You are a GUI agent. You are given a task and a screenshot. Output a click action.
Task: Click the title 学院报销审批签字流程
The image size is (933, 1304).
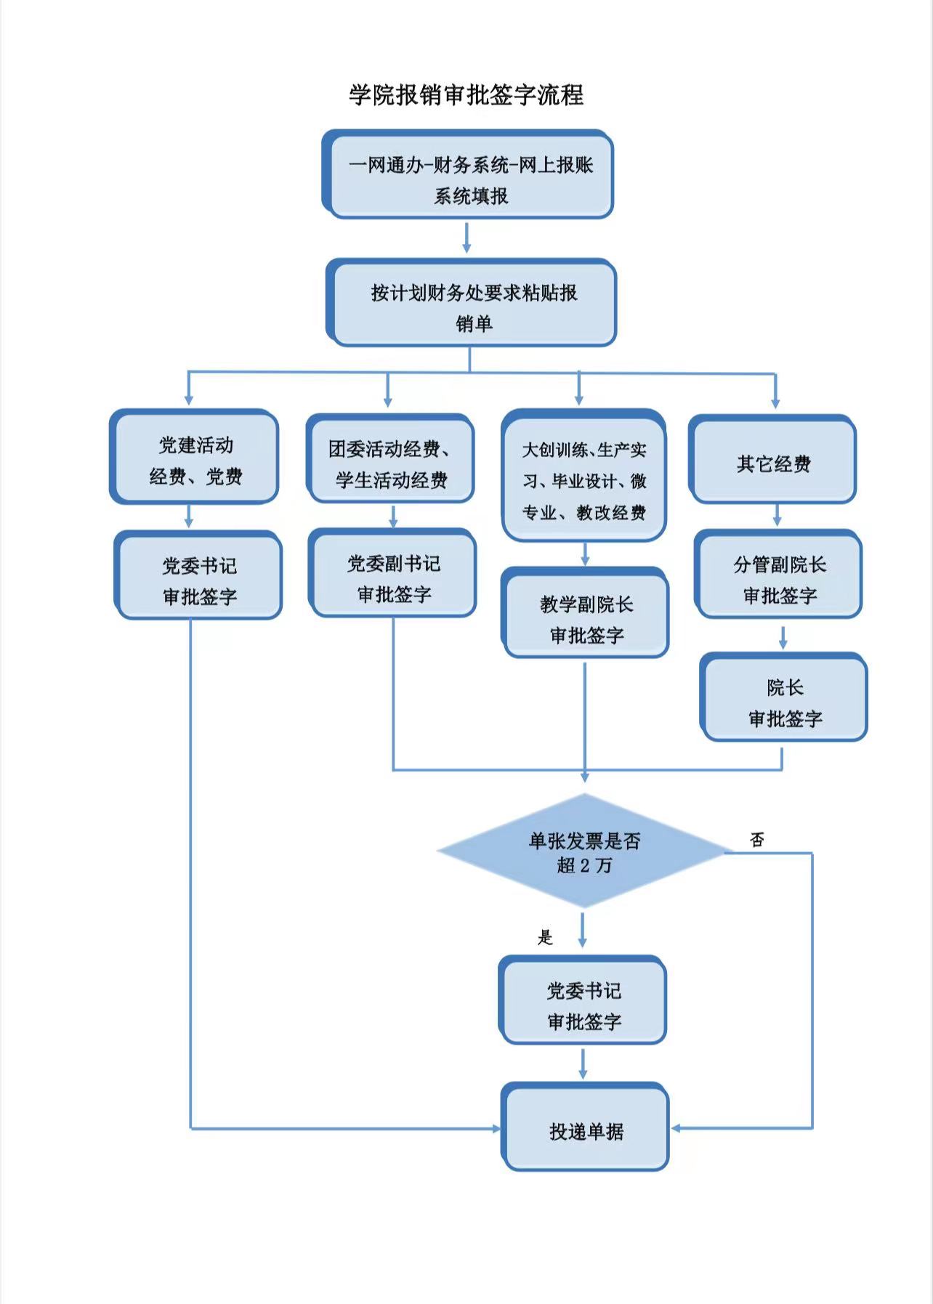(x=466, y=95)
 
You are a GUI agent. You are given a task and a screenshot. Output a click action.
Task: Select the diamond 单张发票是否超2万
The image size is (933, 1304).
(x=583, y=851)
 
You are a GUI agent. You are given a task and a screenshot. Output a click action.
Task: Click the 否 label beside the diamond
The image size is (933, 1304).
(x=757, y=840)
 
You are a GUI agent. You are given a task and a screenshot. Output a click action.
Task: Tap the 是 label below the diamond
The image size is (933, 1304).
(x=545, y=938)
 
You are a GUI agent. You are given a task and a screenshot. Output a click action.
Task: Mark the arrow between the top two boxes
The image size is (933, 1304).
(x=467, y=238)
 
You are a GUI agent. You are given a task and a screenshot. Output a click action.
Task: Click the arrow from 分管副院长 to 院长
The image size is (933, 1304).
(x=783, y=637)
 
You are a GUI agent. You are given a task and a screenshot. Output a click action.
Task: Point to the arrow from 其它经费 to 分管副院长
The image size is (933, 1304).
(x=777, y=515)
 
